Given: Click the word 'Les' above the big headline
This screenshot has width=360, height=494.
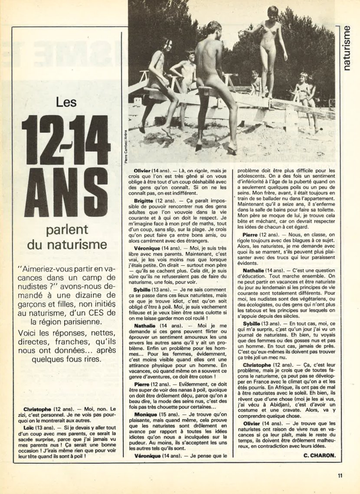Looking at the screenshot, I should click(x=66, y=102).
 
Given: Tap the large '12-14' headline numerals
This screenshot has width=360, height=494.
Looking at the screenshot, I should click(x=66, y=140).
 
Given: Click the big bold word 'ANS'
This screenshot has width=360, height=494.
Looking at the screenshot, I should click(x=66, y=192).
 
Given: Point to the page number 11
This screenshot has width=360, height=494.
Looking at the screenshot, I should click(x=340, y=475).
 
